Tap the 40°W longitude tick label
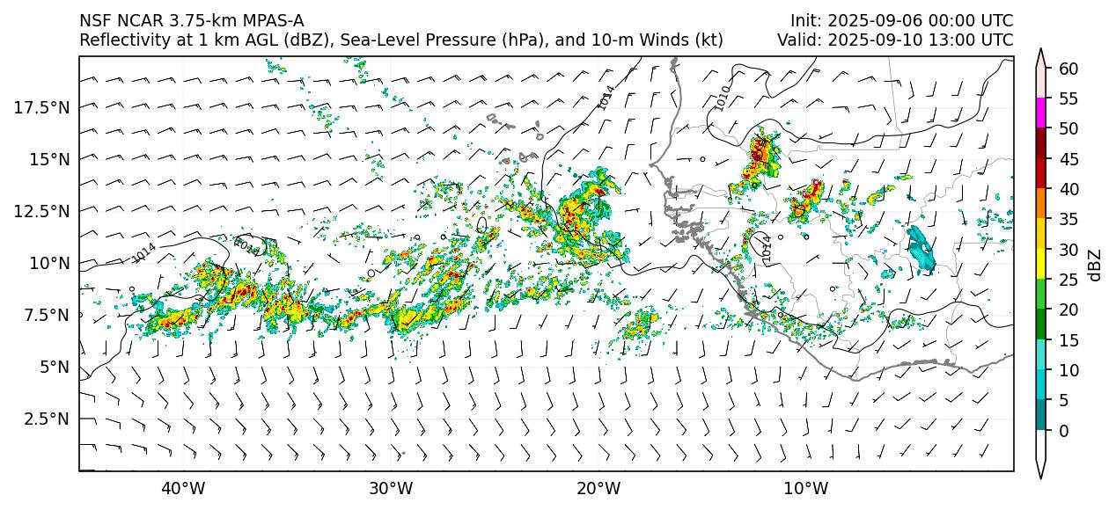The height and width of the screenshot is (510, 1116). [x=183, y=489]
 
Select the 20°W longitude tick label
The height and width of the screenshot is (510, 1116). [x=598, y=489]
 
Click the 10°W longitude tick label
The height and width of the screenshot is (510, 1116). [x=805, y=489]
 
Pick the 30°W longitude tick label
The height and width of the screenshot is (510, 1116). [x=391, y=489]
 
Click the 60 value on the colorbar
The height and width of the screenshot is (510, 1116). [x=1068, y=69]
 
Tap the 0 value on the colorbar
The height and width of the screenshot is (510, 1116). [x=1063, y=431]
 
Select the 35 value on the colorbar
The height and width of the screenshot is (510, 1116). [x=1068, y=220]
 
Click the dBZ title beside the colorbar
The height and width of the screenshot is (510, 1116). [x=1095, y=264]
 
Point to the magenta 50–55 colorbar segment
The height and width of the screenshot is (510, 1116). [x=1041, y=113]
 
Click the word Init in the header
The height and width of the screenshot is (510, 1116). [x=804, y=20]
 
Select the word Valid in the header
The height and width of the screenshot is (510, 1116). [x=797, y=40]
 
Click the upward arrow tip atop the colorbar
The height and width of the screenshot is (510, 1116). [x=1041, y=51]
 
